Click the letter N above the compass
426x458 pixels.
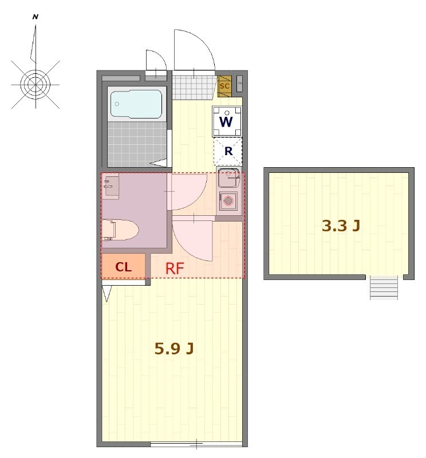pos(35,17)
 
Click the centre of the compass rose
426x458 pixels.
pos(35,84)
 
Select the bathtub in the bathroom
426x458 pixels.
pos(136,104)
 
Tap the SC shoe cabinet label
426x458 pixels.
pos(224,86)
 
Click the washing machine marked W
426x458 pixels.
pos(227,121)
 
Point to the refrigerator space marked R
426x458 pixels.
pos(228,152)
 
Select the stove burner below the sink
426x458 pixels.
pos(229,201)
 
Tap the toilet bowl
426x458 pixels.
pos(125,230)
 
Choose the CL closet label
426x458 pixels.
pos(123,267)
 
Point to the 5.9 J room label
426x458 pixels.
pos(173,348)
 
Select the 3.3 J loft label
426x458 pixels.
pos(341,226)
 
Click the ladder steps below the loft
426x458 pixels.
pos(384,287)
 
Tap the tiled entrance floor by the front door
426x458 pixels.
pos(194,87)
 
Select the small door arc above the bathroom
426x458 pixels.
pos(155,61)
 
